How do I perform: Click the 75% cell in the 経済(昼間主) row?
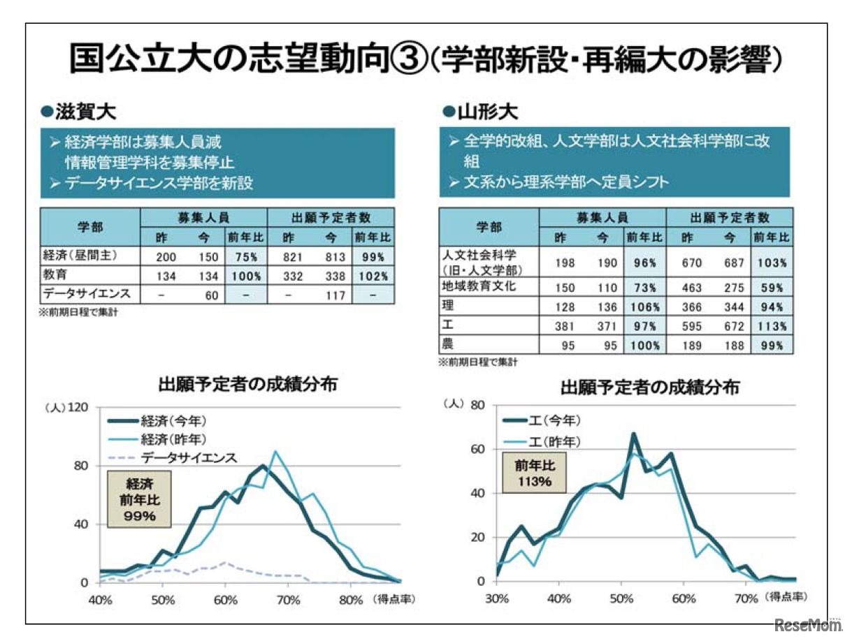pos(244,256)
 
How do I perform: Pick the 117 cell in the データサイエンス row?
pos(336,295)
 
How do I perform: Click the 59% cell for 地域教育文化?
pos(772,286)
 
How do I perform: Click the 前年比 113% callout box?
pos(533,473)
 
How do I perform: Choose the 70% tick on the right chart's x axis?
pos(744,598)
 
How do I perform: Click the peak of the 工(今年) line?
pos(633,434)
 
